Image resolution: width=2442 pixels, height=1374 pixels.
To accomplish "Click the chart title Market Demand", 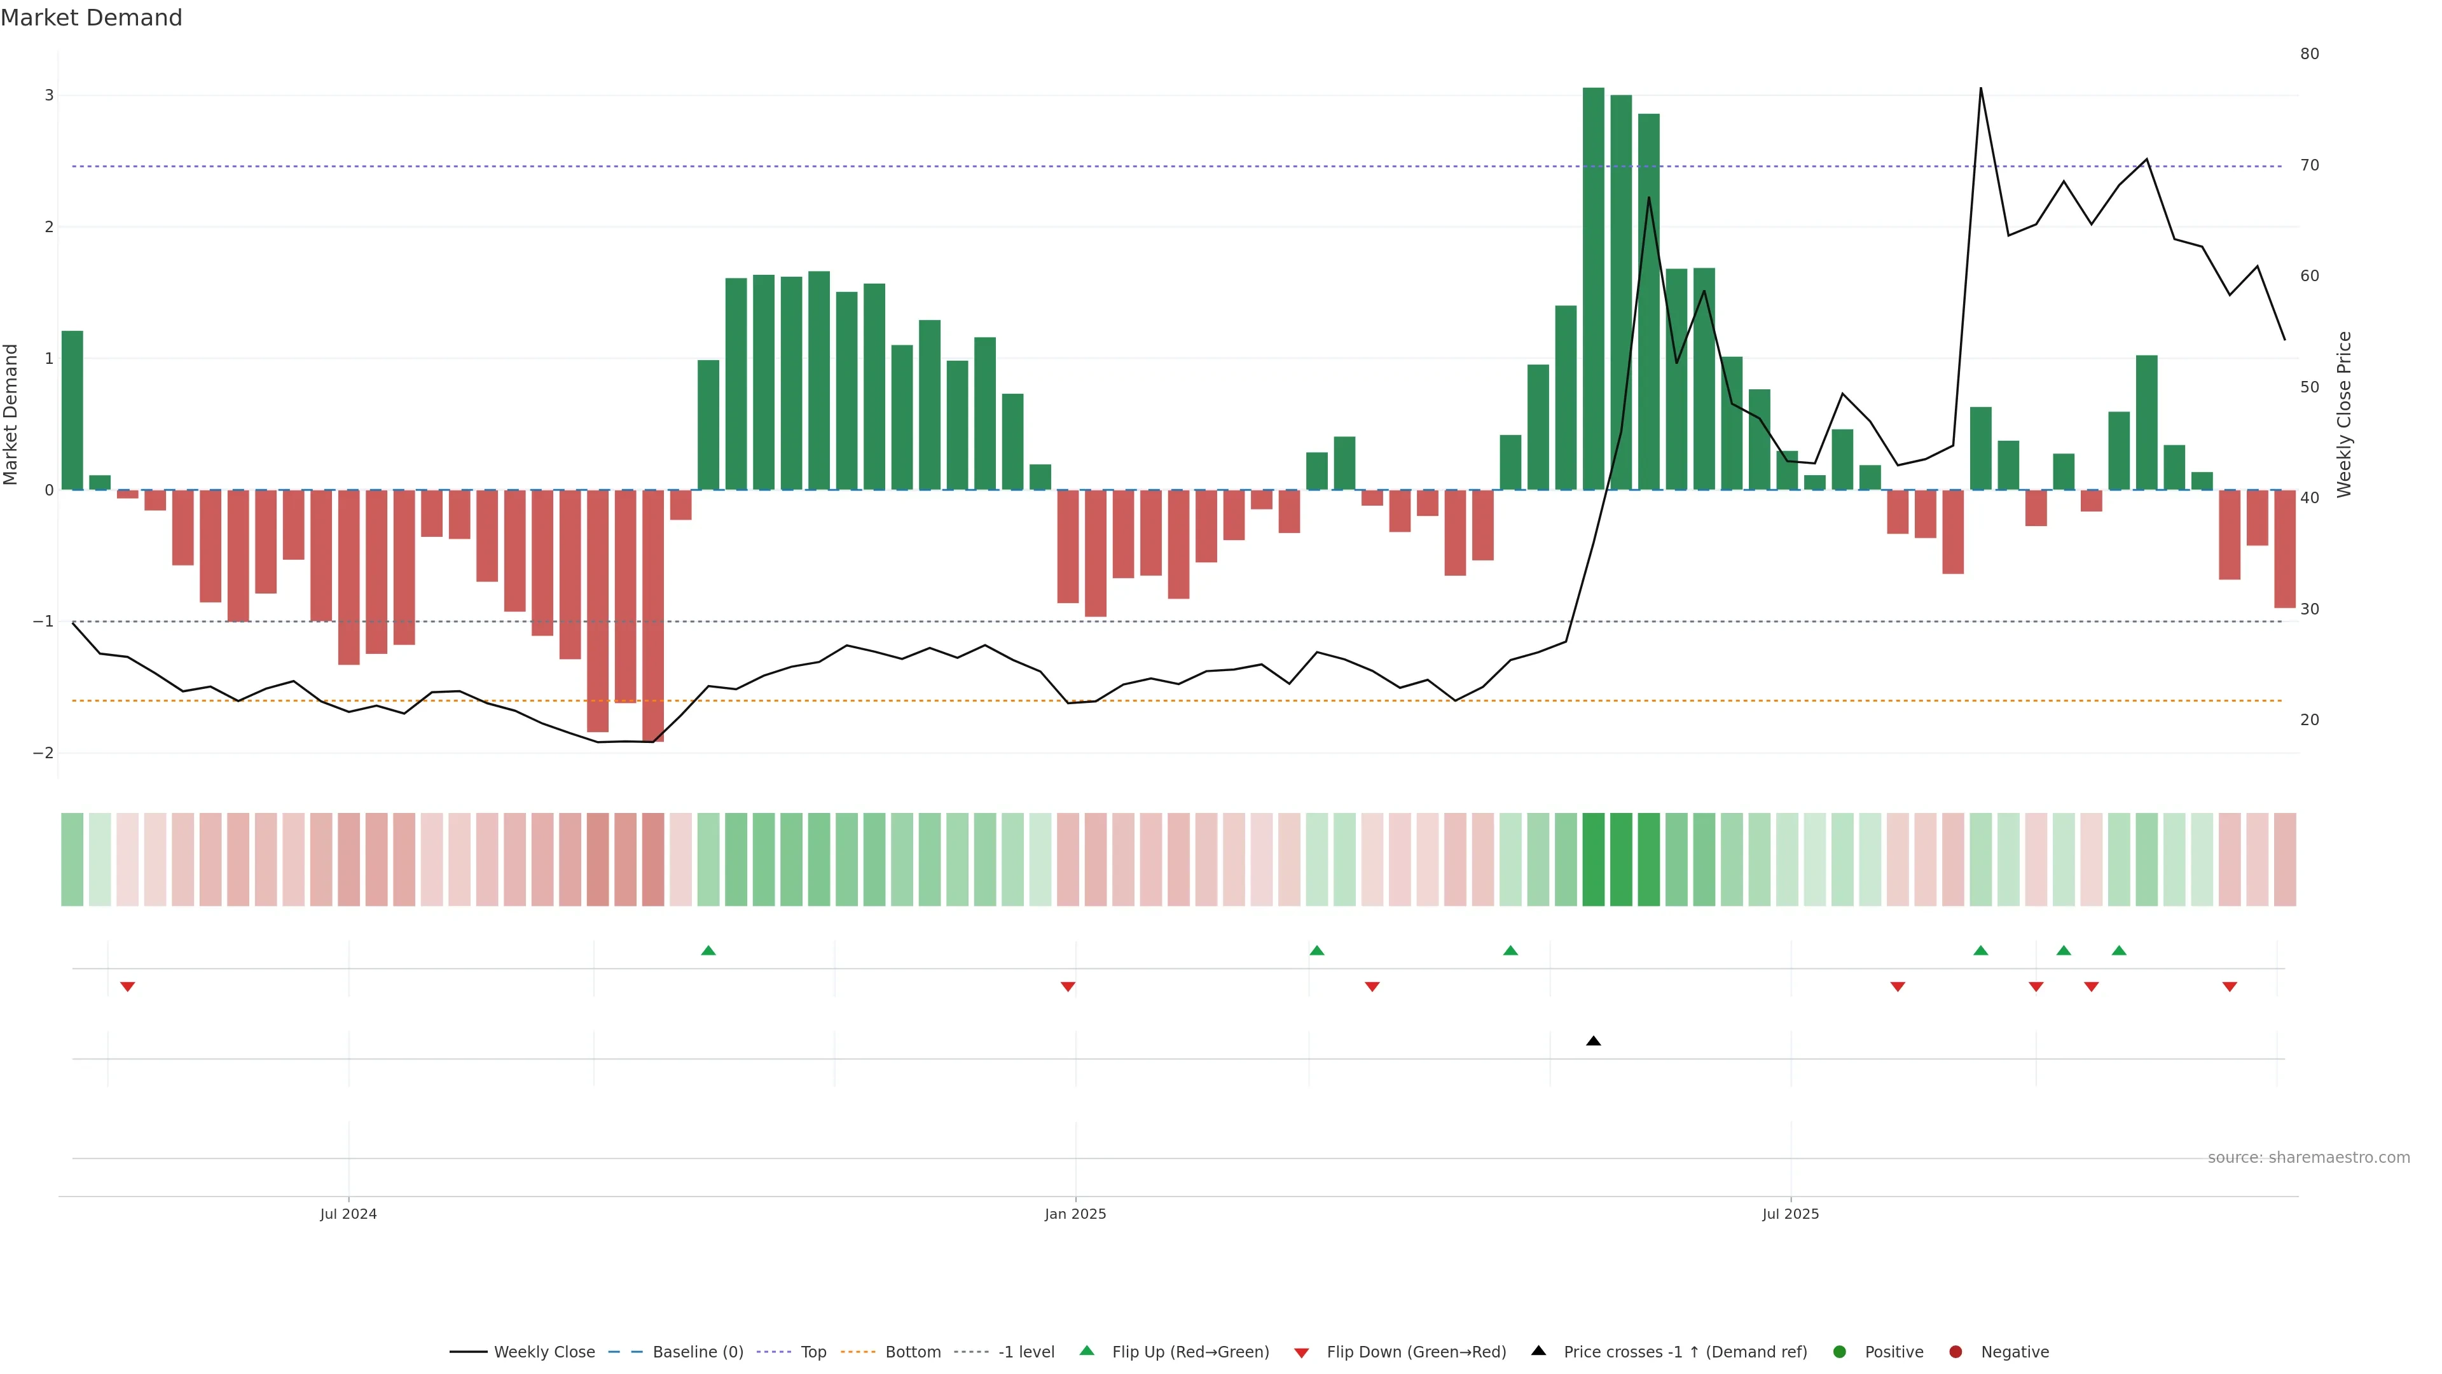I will pos(91,18).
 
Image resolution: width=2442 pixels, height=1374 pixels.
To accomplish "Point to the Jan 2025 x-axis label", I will pos(1075,1214).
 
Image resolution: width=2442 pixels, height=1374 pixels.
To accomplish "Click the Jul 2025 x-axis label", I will pos(1790,1214).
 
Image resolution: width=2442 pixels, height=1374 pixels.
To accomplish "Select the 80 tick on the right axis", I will pos(2309,54).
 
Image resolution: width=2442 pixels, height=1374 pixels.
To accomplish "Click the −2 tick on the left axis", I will pos(44,753).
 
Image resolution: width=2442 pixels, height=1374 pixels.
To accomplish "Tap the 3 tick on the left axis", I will pos(50,96).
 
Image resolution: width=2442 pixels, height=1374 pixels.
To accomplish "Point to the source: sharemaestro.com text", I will pos(2308,1158).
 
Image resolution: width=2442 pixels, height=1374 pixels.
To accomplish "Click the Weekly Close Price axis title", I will pos(2344,414).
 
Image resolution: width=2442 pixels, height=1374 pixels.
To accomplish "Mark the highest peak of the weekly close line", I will pos(1980,88).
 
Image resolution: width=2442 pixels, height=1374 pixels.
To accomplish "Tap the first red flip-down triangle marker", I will pos(127,987).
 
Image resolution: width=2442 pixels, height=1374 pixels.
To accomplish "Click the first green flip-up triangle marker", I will pos(708,950).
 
